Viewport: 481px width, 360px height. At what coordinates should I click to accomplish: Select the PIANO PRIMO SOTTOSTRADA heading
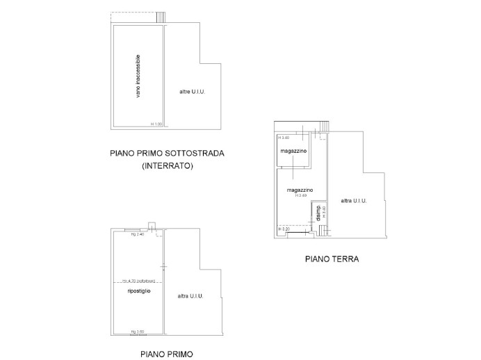pos(167,154)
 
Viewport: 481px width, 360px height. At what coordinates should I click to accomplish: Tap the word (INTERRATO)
pos(167,166)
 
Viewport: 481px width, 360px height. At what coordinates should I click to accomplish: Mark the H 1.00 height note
pos(156,124)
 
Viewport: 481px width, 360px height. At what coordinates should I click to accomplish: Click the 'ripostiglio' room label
pos(139,291)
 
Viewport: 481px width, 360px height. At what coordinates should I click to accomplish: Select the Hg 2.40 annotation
pos(138,234)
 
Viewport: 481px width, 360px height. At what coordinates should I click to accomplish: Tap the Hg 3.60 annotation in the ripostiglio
pos(138,332)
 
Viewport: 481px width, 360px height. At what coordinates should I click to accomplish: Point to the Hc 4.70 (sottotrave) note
pos(138,281)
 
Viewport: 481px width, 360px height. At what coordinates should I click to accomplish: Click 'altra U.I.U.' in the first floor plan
pos(190,296)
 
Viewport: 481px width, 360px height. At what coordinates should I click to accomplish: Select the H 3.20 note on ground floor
pos(284,229)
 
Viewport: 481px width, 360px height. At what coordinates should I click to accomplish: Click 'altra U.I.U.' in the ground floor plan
pos(353,201)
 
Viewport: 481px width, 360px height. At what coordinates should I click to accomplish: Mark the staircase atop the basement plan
pos(161,17)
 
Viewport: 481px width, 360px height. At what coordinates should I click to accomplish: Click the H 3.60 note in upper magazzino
pos(284,138)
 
